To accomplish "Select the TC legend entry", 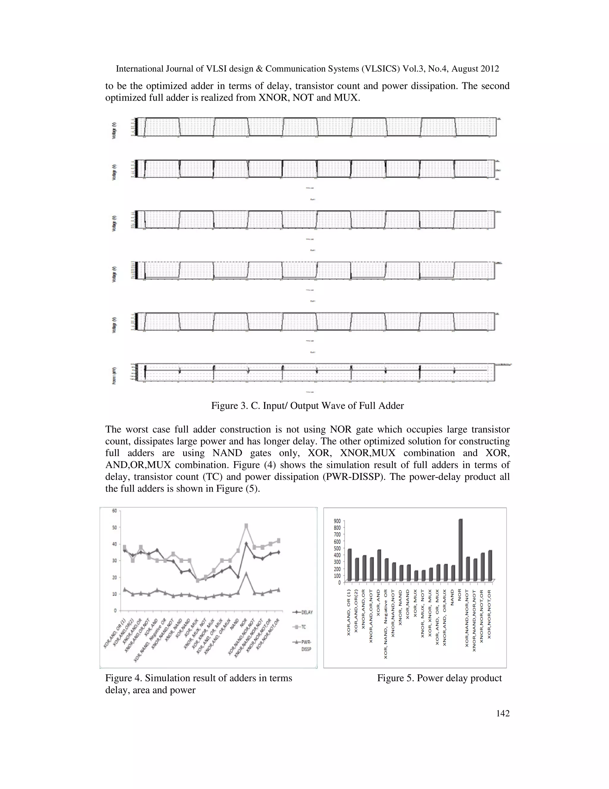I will [302, 627].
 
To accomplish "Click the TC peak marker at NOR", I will [247, 526].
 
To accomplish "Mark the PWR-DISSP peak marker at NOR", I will [247, 573].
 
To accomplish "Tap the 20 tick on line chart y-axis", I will [114, 577].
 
